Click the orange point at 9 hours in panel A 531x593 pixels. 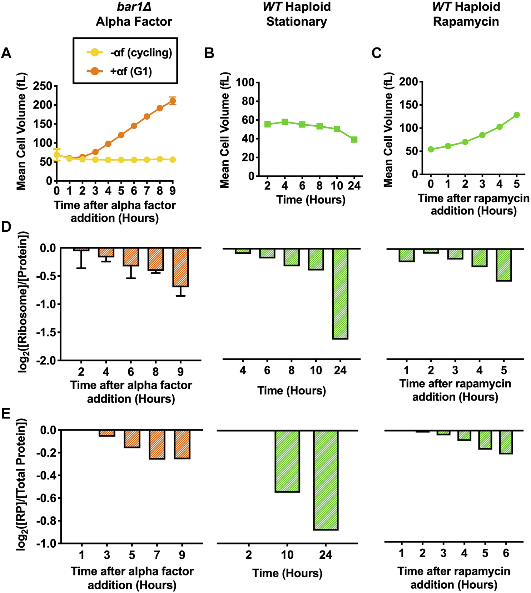(173, 101)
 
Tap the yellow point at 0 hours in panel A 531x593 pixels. (56, 155)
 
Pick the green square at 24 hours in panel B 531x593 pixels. (354, 140)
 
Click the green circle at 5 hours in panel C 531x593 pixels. (516, 115)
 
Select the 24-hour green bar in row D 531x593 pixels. (340, 293)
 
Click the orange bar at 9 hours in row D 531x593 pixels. (180, 267)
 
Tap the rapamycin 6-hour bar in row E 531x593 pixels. (506, 442)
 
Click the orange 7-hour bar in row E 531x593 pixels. (157, 444)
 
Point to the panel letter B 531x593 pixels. (209, 53)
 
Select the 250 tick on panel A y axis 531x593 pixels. (43, 86)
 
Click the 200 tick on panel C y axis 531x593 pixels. (409, 82)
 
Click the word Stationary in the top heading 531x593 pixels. (297, 21)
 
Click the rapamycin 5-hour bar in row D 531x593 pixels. (504, 265)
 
